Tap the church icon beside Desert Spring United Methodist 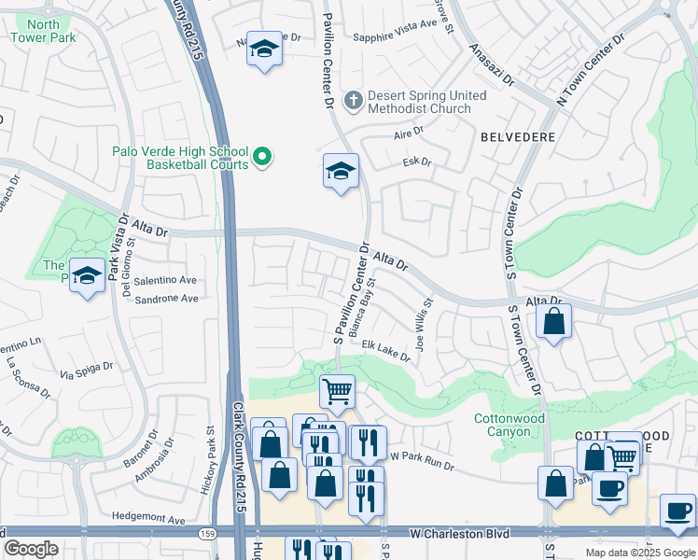[x=353, y=98]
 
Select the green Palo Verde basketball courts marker [x=263, y=159]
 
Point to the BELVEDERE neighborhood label [x=518, y=136]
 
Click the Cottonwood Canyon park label [x=510, y=426]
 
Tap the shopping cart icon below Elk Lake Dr [x=337, y=391]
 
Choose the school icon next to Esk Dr [x=342, y=171]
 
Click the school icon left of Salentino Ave [x=87, y=275]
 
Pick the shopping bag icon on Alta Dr [x=554, y=322]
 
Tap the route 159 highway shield [x=206, y=534]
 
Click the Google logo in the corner [x=31, y=549]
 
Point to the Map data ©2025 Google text [x=639, y=553]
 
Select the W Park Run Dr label [x=422, y=459]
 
